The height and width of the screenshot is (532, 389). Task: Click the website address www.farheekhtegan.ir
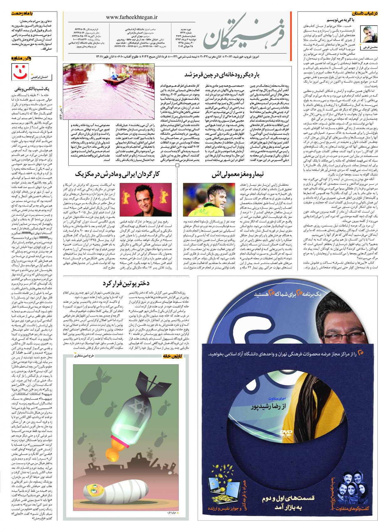(132, 18)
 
